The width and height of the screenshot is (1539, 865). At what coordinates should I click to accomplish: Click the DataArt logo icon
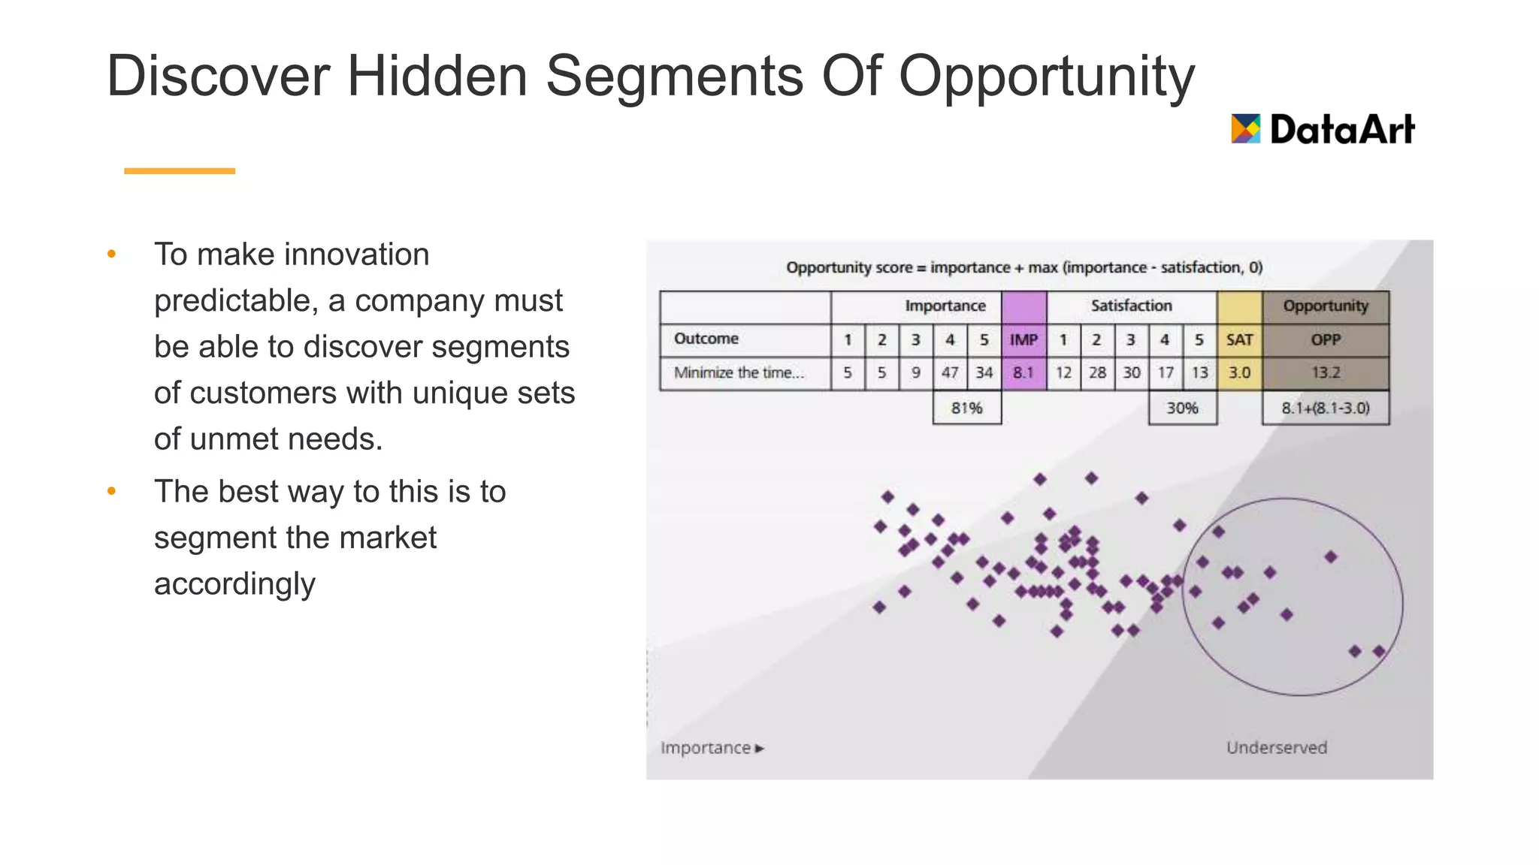1245,128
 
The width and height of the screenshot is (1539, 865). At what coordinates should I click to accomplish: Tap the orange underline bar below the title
179,171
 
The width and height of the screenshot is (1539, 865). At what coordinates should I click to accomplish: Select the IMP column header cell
1023,339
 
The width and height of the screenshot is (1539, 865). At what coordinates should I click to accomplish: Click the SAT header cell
1239,339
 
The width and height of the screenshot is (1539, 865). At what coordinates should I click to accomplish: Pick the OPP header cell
1326,339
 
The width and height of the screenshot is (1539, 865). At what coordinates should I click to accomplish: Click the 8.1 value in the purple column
1023,372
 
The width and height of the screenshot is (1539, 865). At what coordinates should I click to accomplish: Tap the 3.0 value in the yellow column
1239,372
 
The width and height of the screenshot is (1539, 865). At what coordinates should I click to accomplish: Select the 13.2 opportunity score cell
1326,372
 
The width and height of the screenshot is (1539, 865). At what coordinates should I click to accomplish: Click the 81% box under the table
966,408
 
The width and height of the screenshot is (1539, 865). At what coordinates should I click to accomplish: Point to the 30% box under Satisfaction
1182,408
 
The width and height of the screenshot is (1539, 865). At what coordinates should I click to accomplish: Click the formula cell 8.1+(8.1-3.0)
1326,408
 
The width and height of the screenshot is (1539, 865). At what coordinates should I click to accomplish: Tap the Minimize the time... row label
739,372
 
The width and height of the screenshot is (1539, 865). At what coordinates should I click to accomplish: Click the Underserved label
1277,747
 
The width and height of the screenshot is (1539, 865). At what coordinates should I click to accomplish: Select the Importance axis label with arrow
712,748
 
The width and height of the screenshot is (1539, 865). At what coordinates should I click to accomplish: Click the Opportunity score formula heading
1023,267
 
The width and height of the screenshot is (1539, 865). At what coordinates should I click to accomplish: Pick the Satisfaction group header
1131,306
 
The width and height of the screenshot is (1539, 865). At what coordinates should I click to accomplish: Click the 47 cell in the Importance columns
950,372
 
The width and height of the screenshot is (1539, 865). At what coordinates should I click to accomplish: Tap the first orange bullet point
112,254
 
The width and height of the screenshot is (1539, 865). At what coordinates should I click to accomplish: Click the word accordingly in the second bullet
234,583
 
